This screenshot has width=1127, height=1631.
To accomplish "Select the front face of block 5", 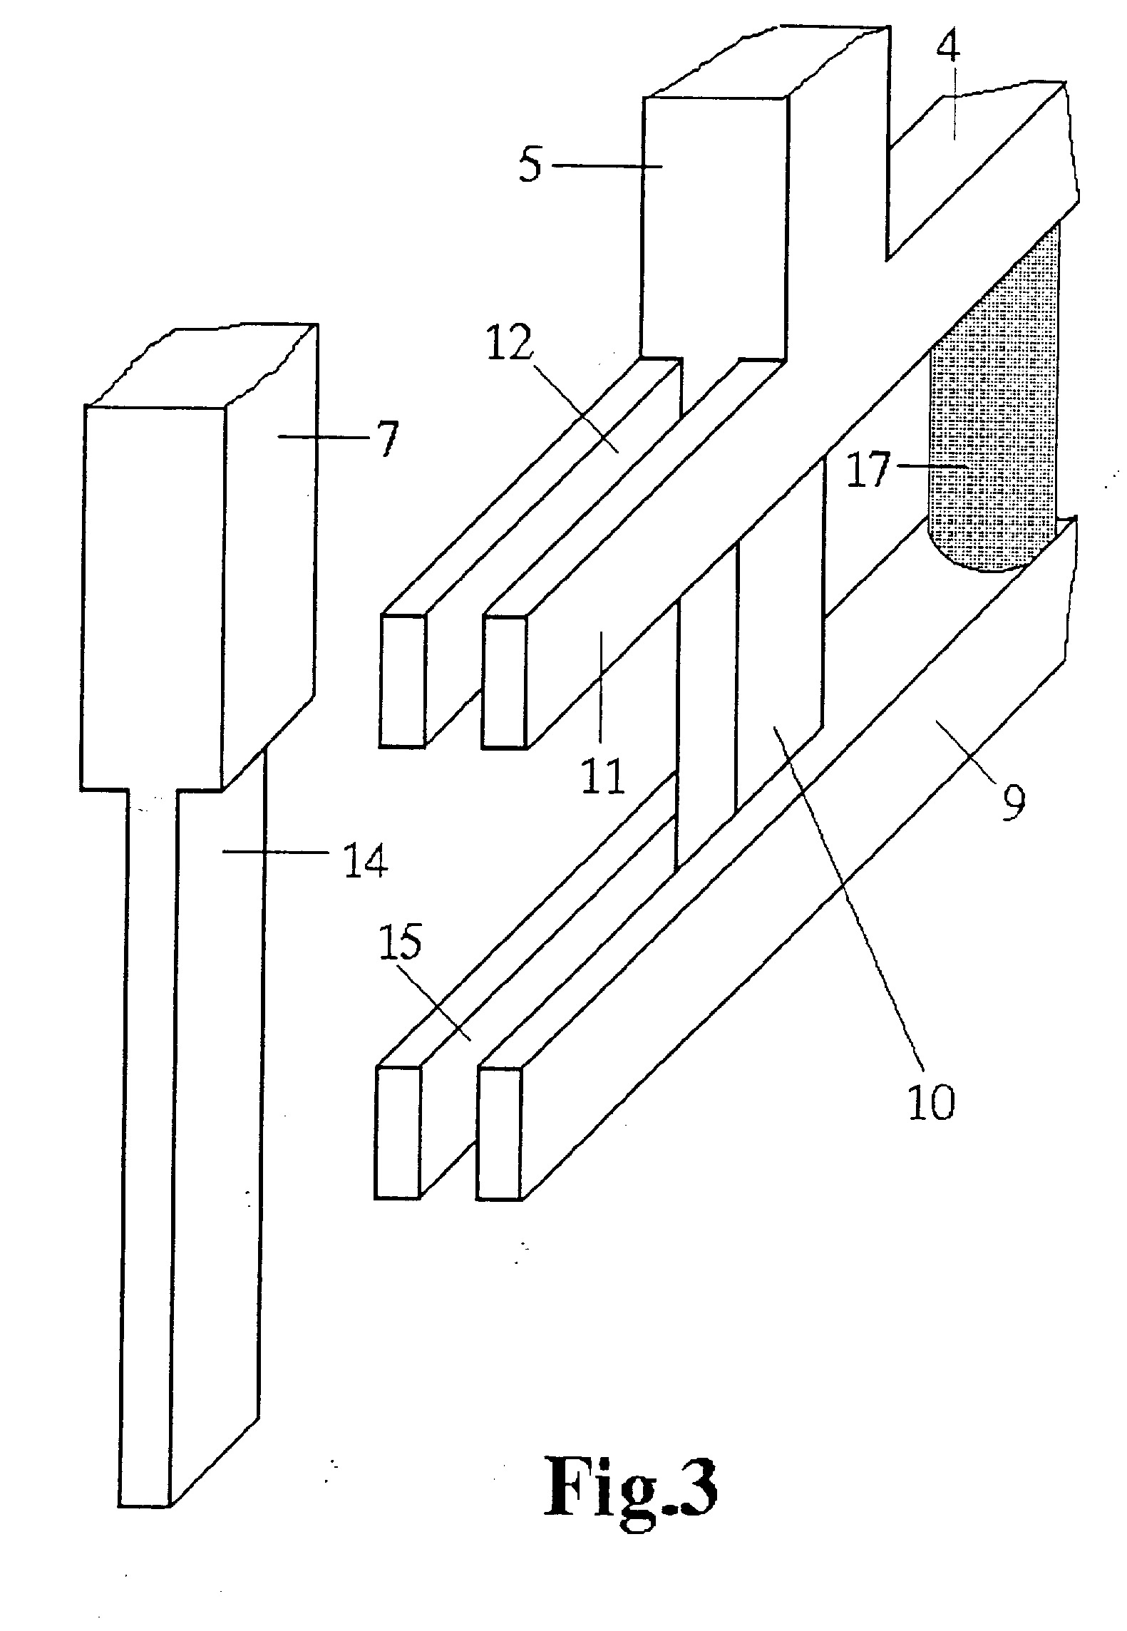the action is click(714, 225).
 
